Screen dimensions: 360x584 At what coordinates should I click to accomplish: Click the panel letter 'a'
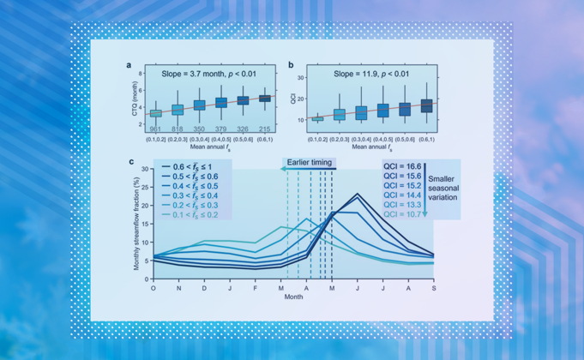click(x=129, y=65)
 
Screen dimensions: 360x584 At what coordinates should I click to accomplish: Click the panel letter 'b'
click(x=292, y=65)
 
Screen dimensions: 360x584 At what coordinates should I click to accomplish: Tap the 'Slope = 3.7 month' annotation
click(x=205, y=75)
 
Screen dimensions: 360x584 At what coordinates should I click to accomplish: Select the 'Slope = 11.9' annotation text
click(x=370, y=75)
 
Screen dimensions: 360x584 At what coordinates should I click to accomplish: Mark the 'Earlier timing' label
click(x=308, y=161)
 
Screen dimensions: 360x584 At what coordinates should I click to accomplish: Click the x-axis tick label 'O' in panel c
click(x=154, y=290)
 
